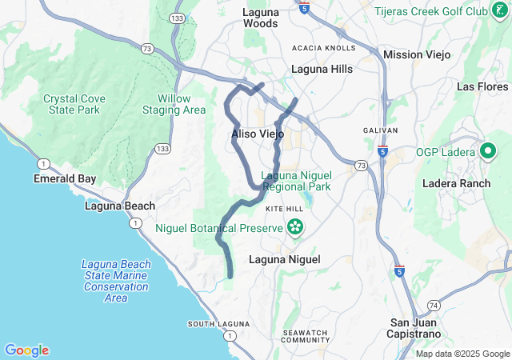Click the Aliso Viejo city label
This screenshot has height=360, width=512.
pyautogui.click(x=258, y=134)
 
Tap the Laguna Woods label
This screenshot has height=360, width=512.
pyautogui.click(x=261, y=18)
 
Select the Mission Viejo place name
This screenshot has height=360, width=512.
pyautogui.click(x=417, y=54)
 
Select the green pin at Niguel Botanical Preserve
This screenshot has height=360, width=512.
pyautogui.click(x=296, y=228)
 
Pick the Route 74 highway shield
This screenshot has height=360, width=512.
pyautogui.click(x=433, y=306)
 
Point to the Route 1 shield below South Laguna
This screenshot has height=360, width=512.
pyautogui.click(x=230, y=337)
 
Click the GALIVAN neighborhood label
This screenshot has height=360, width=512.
pyautogui.click(x=380, y=130)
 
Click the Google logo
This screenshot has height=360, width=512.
pyautogui.click(x=26, y=350)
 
